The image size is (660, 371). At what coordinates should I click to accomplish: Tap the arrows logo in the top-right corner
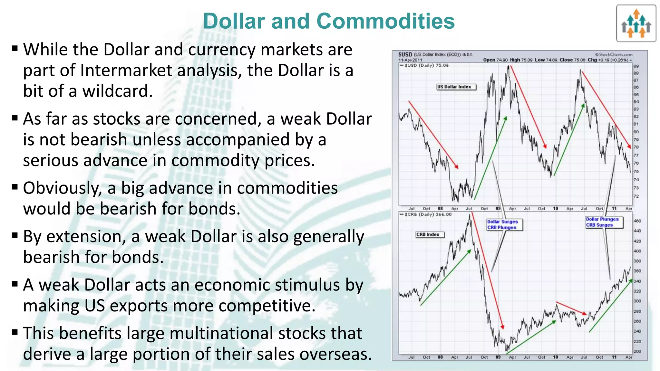click(x=636, y=24)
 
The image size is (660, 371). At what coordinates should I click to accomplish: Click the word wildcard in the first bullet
click(x=117, y=91)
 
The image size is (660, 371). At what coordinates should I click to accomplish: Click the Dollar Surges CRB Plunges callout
click(x=504, y=225)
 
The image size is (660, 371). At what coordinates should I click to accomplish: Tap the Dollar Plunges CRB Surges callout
click(x=604, y=222)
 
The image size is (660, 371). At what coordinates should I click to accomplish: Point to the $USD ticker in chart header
click(x=405, y=54)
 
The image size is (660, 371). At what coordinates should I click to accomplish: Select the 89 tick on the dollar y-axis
click(x=636, y=66)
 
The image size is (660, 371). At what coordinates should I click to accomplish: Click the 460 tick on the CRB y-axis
click(x=637, y=221)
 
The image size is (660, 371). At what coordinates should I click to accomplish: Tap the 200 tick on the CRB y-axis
click(x=637, y=352)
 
